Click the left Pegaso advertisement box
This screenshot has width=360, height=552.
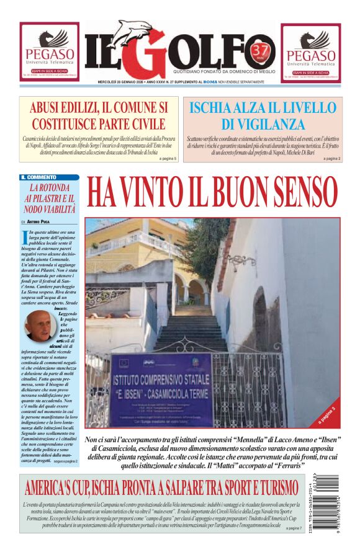point(49,52)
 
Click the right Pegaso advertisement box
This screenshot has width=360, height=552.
point(310,52)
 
